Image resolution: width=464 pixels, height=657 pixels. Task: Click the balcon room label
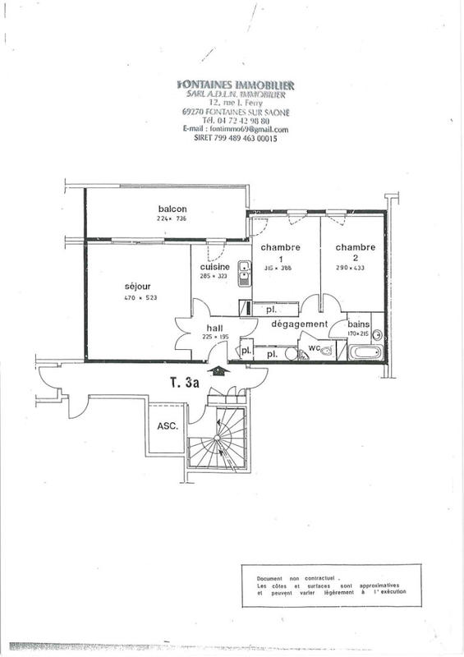pos(172,209)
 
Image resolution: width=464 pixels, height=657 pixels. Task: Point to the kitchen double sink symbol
pos(244,273)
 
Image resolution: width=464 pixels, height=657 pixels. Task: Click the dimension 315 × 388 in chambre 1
pos(280,267)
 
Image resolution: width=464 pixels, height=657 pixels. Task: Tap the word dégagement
pos(300,324)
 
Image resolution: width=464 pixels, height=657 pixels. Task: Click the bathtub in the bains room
pos(365,352)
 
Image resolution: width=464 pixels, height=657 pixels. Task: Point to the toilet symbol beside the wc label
pos(327,351)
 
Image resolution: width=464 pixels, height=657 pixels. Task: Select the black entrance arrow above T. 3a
pos(217,370)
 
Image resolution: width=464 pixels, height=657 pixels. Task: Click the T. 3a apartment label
pos(186,382)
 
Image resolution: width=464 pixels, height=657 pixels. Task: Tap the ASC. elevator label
pos(168,425)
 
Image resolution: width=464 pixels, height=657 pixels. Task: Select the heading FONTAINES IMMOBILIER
pos(236,85)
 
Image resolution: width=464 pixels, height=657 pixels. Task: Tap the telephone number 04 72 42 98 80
pos(245,121)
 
